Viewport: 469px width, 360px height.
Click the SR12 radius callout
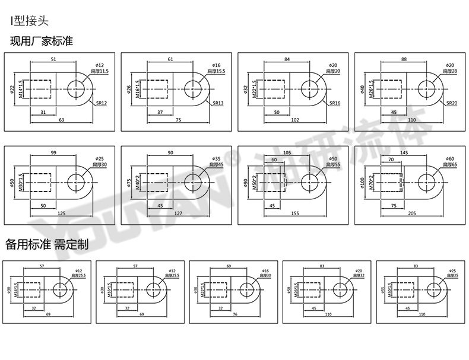tap(102, 103)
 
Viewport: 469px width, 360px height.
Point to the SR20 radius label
tap(452, 103)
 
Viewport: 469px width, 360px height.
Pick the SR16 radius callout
tap(335, 103)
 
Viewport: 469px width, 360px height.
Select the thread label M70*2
tap(372, 181)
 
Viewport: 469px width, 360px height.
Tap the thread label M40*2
tap(138, 181)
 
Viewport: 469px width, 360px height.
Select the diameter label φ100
tap(363, 182)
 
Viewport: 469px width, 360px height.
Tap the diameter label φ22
tap(12, 90)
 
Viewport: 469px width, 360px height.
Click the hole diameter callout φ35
tap(216, 158)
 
